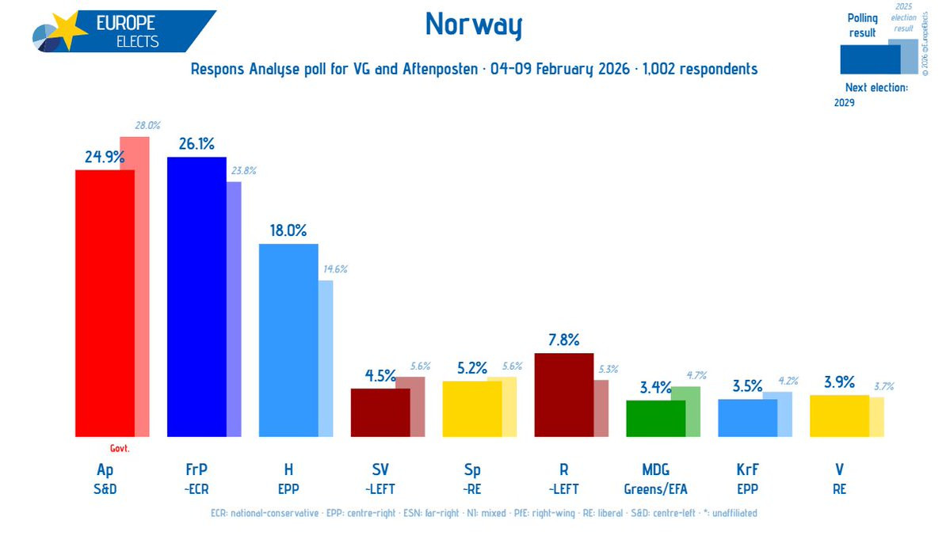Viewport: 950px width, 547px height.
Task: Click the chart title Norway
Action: tap(474, 25)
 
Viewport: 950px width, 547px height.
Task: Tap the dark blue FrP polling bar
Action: tap(196, 297)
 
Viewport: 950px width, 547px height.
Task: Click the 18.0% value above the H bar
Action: tap(288, 230)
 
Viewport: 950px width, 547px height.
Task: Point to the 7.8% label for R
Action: tap(563, 340)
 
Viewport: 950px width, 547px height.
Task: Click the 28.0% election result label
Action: tap(147, 125)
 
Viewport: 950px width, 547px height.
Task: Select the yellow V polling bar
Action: tap(839, 416)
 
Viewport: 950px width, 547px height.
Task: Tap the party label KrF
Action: tap(747, 470)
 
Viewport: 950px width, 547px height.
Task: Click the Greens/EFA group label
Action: tap(655, 489)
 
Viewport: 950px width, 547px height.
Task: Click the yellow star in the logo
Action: tap(69, 32)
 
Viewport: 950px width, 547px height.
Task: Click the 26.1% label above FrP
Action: tap(196, 143)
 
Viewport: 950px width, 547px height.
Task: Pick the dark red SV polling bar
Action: tap(380, 412)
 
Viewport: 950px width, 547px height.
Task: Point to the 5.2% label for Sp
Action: tap(471, 368)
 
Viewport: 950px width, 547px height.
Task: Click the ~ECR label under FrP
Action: tap(196, 489)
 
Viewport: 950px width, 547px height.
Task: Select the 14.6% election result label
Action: tap(333, 269)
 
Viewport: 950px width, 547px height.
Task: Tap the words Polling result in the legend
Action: tap(862, 25)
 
